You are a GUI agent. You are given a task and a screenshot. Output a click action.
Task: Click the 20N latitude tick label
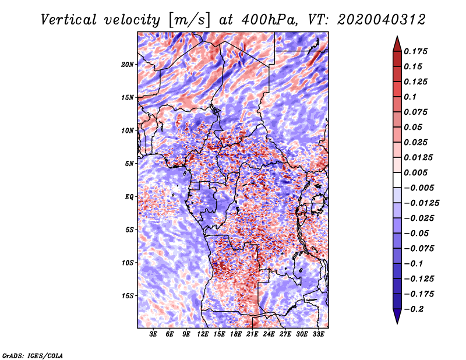(x=127, y=65)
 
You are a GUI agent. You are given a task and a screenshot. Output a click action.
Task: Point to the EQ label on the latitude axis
(x=129, y=197)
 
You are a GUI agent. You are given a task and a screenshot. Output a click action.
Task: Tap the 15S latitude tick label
(x=128, y=296)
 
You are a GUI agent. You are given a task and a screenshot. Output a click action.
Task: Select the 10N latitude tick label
(x=127, y=130)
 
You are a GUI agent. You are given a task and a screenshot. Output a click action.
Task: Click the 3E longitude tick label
(x=153, y=334)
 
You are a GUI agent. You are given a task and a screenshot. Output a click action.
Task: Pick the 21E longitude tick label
(x=252, y=334)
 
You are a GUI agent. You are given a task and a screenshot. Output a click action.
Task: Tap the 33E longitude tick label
(x=318, y=334)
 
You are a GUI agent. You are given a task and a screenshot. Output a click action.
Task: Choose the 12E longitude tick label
(x=202, y=334)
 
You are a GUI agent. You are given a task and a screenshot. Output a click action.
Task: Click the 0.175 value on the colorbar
(x=415, y=51)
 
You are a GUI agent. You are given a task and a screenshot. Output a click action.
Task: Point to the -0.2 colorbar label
(x=413, y=309)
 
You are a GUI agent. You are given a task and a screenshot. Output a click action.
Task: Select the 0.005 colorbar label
(x=415, y=172)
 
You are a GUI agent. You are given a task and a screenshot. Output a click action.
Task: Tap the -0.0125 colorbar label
(x=421, y=203)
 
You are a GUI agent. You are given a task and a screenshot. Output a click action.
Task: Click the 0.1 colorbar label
(x=410, y=97)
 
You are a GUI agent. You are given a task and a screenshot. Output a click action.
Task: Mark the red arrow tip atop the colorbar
(x=397, y=36)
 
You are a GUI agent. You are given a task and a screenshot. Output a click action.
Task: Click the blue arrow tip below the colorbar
(x=397, y=323)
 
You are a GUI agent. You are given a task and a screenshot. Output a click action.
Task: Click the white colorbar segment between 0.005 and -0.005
(x=397, y=180)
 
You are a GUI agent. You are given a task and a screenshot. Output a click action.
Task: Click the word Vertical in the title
(x=69, y=20)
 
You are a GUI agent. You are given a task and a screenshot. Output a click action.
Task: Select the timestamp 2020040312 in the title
(x=382, y=20)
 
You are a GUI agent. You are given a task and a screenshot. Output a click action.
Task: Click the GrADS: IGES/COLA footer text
(x=33, y=355)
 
